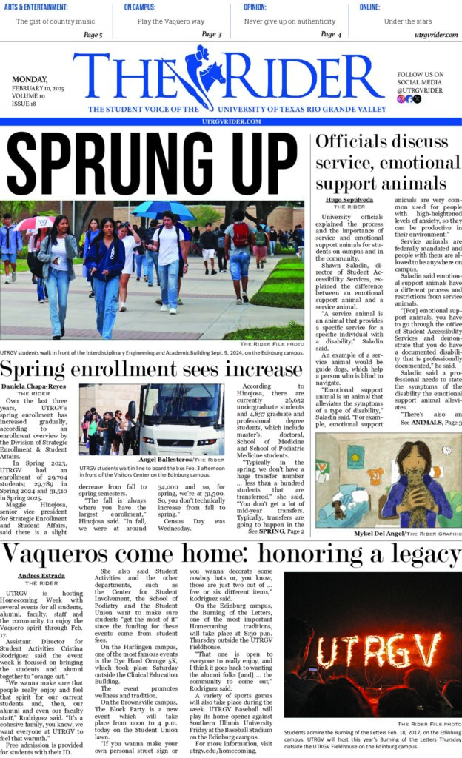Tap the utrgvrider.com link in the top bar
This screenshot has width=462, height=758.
coord(430,35)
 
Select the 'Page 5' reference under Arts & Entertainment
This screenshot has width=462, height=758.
coord(93,35)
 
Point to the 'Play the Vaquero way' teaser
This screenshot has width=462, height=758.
coord(170,21)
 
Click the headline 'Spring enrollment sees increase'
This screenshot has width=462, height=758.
coord(141,369)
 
